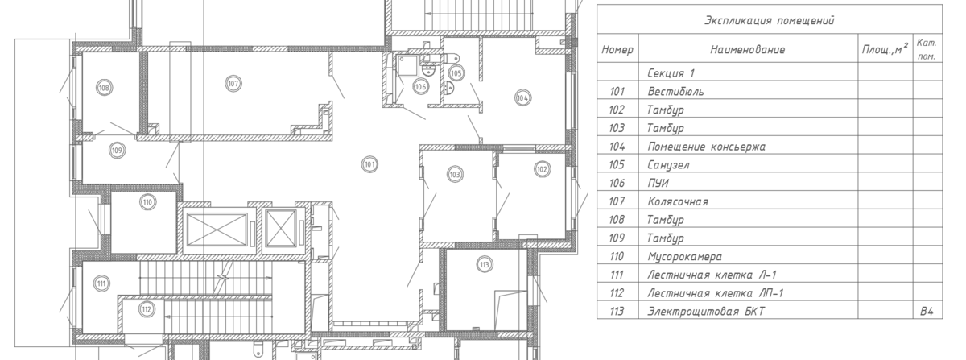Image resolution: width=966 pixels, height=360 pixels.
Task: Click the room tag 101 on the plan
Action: pyautogui.click(x=369, y=164)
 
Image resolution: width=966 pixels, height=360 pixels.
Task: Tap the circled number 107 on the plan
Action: pyautogui.click(x=233, y=83)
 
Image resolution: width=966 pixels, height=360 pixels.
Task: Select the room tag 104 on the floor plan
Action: pyautogui.click(x=522, y=98)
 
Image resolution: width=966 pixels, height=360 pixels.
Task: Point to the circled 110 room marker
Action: pyautogui.click(x=148, y=202)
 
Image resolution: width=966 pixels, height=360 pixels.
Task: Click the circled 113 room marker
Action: pyautogui.click(x=485, y=265)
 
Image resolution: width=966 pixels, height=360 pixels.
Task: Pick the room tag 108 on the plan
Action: pyautogui.click(x=104, y=88)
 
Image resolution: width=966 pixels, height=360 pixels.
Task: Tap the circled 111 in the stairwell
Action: pyautogui.click(x=101, y=283)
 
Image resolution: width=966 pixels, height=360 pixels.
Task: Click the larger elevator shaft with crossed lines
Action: pyautogui.click(x=217, y=231)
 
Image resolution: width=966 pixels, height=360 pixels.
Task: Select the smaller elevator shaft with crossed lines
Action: pyautogui.click(x=282, y=229)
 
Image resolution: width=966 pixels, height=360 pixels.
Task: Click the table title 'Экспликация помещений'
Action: pyautogui.click(x=770, y=20)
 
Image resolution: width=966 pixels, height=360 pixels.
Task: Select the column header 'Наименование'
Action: pyautogui.click(x=748, y=50)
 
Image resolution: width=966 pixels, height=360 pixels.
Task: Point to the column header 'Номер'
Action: pyautogui.click(x=617, y=50)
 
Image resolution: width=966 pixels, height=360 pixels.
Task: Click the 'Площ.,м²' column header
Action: pyautogui.click(x=885, y=49)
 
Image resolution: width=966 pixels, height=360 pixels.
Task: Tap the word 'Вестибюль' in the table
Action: pyautogui.click(x=675, y=92)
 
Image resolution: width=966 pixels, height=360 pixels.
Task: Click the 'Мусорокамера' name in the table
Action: pyautogui.click(x=684, y=256)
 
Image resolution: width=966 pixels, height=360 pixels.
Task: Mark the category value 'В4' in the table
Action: pyautogui.click(x=927, y=312)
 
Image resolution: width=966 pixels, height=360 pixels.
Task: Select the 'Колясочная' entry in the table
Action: pyautogui.click(x=678, y=201)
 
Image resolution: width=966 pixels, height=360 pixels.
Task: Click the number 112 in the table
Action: pyautogui.click(x=617, y=293)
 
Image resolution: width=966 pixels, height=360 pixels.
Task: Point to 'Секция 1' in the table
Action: pyautogui.click(x=671, y=73)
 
